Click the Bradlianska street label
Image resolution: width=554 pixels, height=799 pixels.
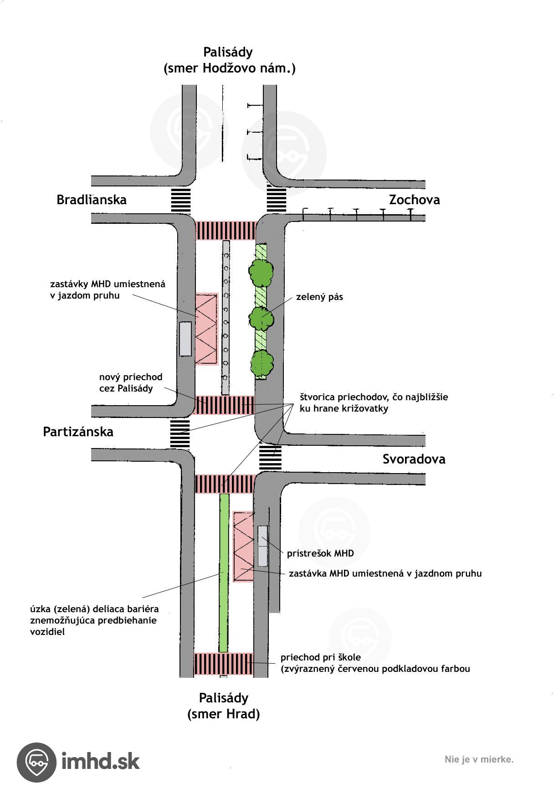[x=91, y=200]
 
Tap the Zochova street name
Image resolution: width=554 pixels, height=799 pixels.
[x=414, y=200]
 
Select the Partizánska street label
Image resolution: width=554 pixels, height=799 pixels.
[x=78, y=432]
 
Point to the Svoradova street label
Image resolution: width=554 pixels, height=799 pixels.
[x=414, y=459]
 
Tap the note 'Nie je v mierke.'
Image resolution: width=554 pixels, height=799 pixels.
[x=479, y=759]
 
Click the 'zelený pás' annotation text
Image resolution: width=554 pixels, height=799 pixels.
[x=319, y=297]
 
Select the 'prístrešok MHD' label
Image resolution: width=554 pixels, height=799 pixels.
[x=320, y=553]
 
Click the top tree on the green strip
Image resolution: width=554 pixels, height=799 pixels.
[x=261, y=272]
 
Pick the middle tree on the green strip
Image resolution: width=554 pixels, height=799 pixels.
[x=262, y=318]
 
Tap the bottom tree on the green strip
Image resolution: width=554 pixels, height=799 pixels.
[x=262, y=362]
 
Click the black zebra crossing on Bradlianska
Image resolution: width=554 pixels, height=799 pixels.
[x=180, y=200]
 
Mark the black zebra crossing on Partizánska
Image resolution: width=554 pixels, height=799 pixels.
[x=180, y=433]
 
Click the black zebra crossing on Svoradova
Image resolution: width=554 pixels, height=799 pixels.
[x=270, y=457]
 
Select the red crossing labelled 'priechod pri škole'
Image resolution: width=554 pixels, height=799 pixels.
[x=223, y=664]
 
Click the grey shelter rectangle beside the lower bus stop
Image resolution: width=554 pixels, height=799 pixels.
[x=262, y=546]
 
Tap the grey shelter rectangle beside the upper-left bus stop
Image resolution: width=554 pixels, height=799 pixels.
[x=185, y=339]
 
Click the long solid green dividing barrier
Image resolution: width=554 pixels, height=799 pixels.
[x=224, y=572]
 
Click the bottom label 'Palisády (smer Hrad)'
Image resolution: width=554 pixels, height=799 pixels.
[x=223, y=706]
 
